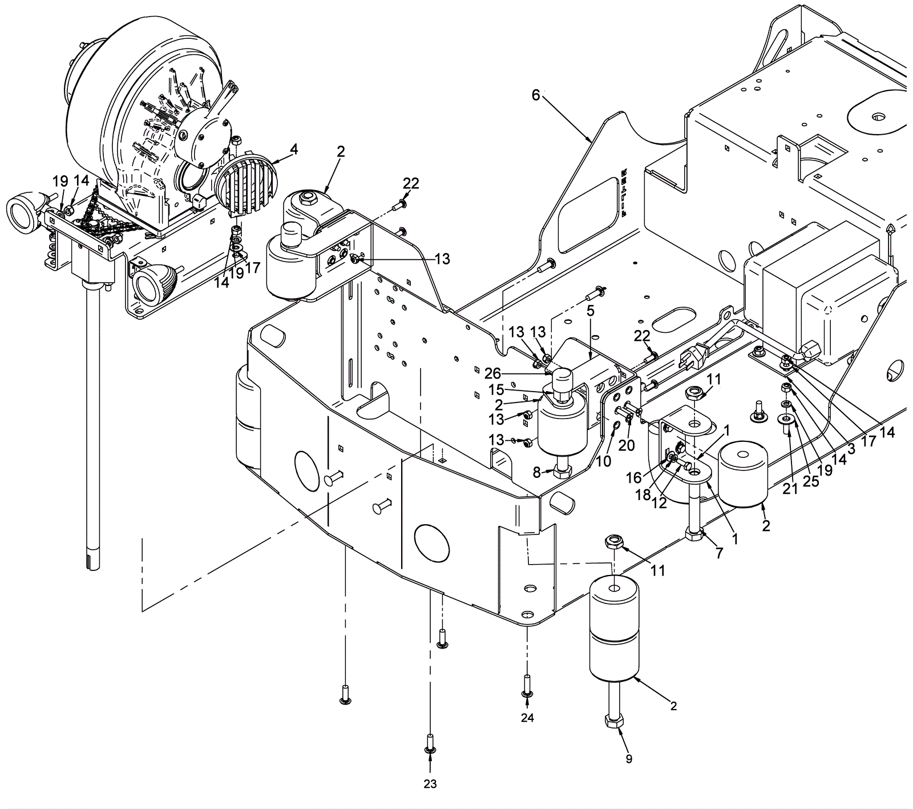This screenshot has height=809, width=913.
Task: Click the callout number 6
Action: (x=535, y=95)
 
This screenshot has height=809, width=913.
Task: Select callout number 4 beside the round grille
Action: (x=293, y=150)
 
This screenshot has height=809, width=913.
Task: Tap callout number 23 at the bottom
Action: (x=430, y=784)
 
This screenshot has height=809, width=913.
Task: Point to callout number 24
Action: (x=527, y=718)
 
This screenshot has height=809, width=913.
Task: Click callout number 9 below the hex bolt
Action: (x=629, y=759)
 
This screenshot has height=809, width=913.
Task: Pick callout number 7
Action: (x=720, y=553)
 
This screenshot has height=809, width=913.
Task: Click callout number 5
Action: (x=590, y=311)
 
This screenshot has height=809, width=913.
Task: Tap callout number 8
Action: (x=536, y=472)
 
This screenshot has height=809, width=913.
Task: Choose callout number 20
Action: (x=627, y=445)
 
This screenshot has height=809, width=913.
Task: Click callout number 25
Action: (x=811, y=481)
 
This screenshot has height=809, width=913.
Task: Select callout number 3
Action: (x=851, y=449)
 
